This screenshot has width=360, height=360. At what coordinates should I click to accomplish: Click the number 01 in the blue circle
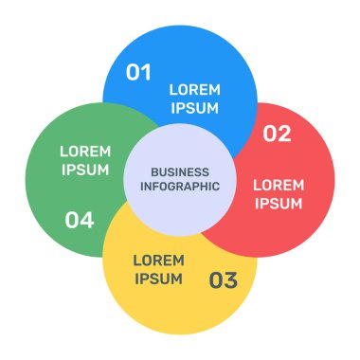138,72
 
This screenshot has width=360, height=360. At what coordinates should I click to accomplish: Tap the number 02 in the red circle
277,134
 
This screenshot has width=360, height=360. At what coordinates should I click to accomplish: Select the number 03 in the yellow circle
224,279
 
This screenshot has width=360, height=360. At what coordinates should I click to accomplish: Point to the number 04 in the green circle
80,221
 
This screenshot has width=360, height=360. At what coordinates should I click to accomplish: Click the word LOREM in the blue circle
194,90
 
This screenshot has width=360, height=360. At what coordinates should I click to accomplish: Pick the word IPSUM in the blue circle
194,108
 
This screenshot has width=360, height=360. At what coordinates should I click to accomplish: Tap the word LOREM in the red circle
279,185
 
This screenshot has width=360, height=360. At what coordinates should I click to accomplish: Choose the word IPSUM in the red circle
279,204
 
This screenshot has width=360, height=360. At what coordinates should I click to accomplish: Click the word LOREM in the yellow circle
158,260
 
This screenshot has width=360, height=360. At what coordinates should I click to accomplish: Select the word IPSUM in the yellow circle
158,279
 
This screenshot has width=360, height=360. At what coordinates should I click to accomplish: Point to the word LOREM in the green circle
85,152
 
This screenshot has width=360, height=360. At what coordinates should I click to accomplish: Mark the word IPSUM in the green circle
85,171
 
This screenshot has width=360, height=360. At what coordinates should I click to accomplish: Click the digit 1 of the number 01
146,72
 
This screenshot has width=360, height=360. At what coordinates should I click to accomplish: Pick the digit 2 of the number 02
284,134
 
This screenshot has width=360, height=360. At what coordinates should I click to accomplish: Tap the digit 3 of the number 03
231,279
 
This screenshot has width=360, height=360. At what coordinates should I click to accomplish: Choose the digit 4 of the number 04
87,221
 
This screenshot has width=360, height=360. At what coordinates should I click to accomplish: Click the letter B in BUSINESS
153,171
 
